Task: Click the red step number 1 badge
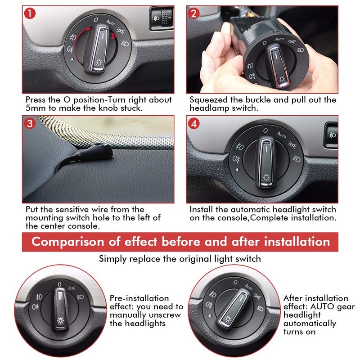(30, 13)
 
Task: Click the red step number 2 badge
(194, 13)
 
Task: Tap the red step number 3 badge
(30, 123)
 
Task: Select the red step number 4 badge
(194, 123)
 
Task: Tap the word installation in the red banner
(292, 242)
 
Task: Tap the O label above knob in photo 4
(266, 130)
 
